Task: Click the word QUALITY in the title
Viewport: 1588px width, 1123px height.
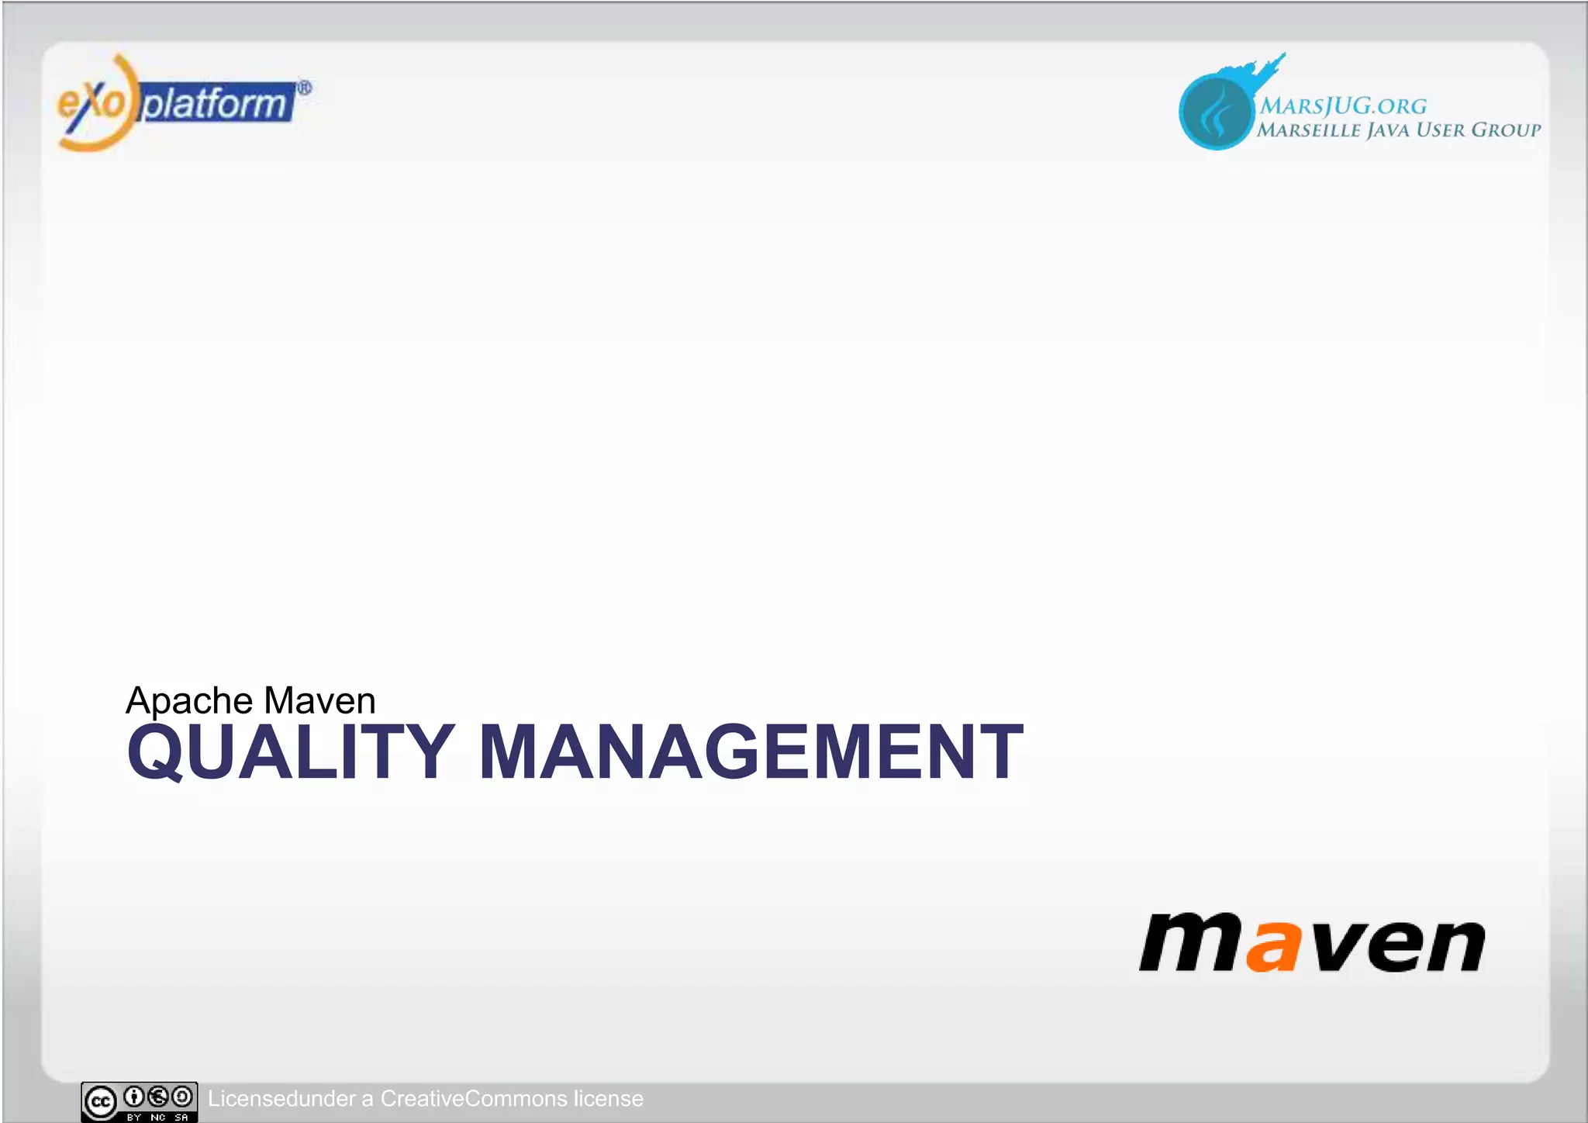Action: pos(290,752)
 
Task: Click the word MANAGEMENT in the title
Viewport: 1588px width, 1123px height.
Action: pos(751,752)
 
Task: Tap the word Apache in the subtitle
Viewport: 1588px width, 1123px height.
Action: pos(189,701)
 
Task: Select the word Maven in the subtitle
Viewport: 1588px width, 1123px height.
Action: pos(319,701)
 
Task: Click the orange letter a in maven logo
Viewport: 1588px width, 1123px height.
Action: pos(1272,945)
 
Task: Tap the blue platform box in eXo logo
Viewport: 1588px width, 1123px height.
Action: pos(216,103)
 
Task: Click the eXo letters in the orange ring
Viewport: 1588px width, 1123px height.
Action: pos(91,103)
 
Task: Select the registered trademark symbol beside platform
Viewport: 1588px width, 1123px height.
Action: pos(305,88)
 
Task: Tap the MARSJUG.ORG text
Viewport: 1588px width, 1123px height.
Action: pos(1343,106)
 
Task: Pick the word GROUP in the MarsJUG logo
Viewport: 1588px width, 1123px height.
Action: pos(1506,130)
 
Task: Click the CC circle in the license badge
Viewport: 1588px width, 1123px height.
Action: pos(101,1102)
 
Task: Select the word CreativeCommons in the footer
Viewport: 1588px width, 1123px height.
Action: pos(473,1099)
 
